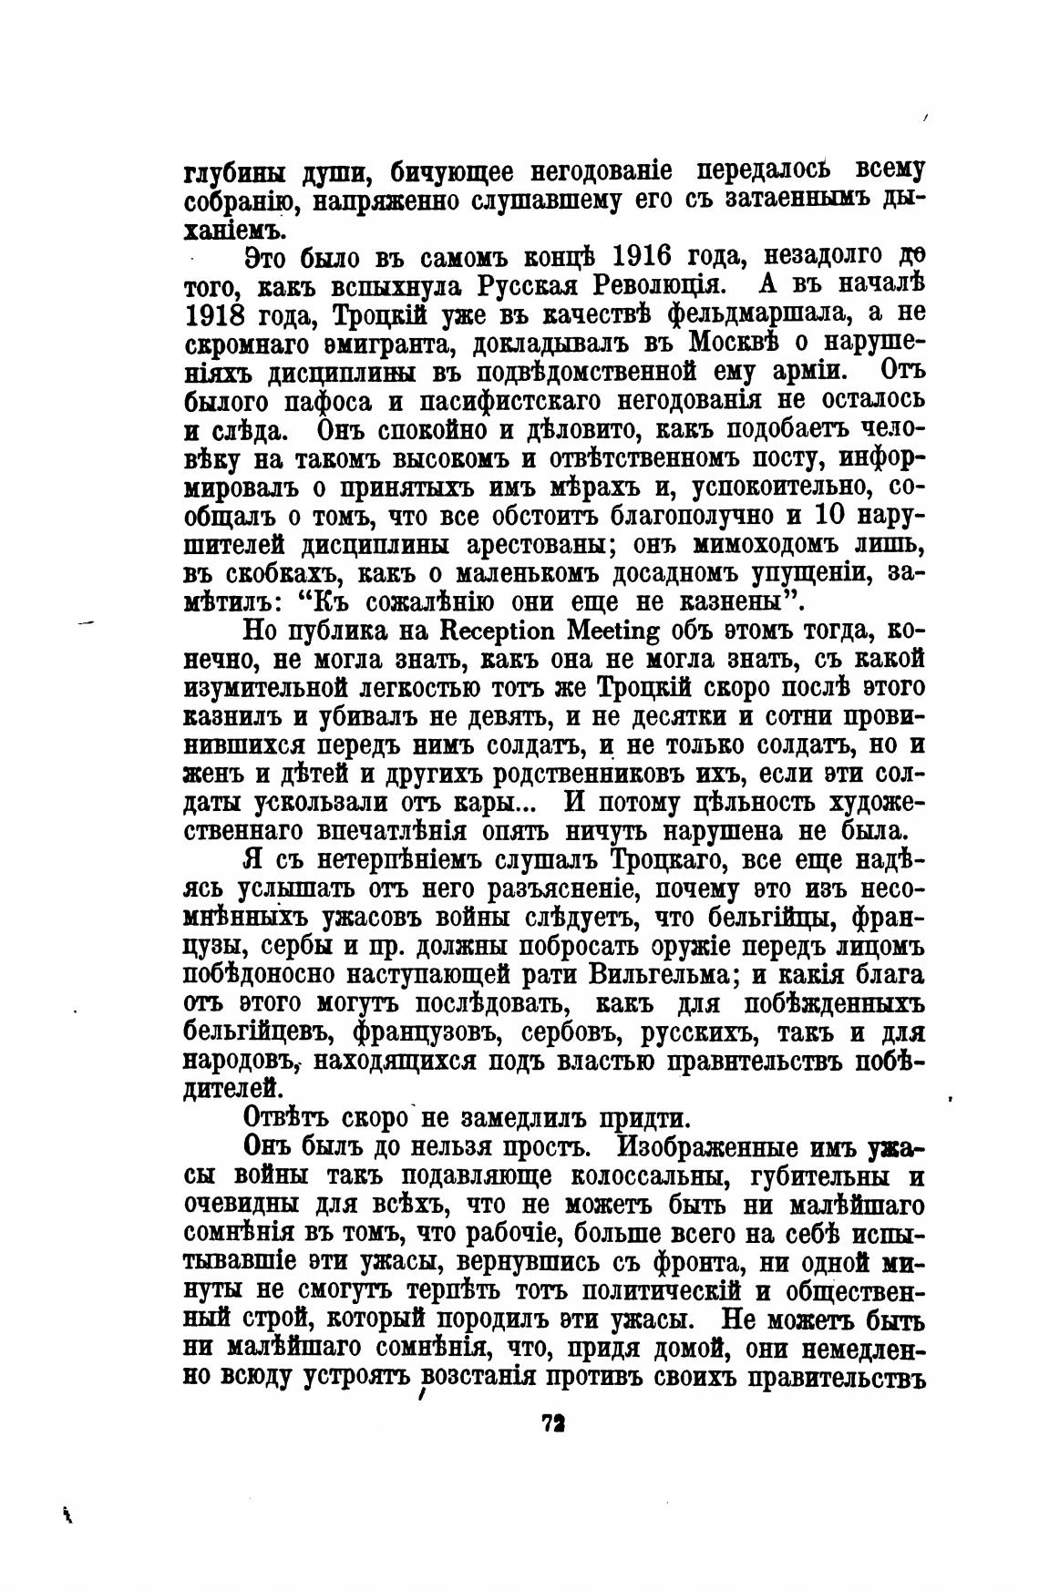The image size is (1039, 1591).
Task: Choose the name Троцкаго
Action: pos(670,859)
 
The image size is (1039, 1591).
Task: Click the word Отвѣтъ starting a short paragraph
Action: pos(287,1118)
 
